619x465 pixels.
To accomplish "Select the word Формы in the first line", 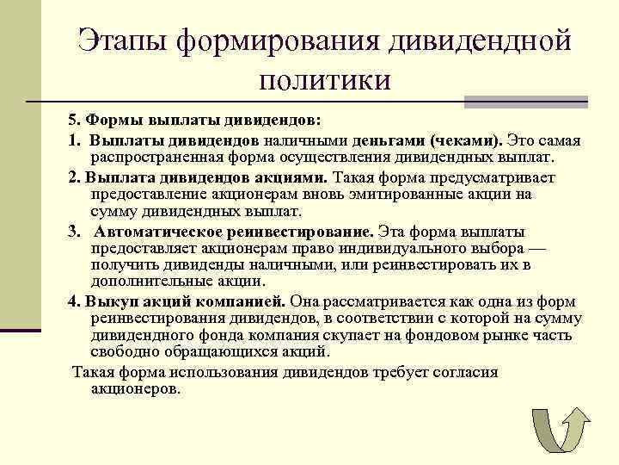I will [111, 120].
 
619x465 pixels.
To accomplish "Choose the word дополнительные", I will [144, 282].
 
